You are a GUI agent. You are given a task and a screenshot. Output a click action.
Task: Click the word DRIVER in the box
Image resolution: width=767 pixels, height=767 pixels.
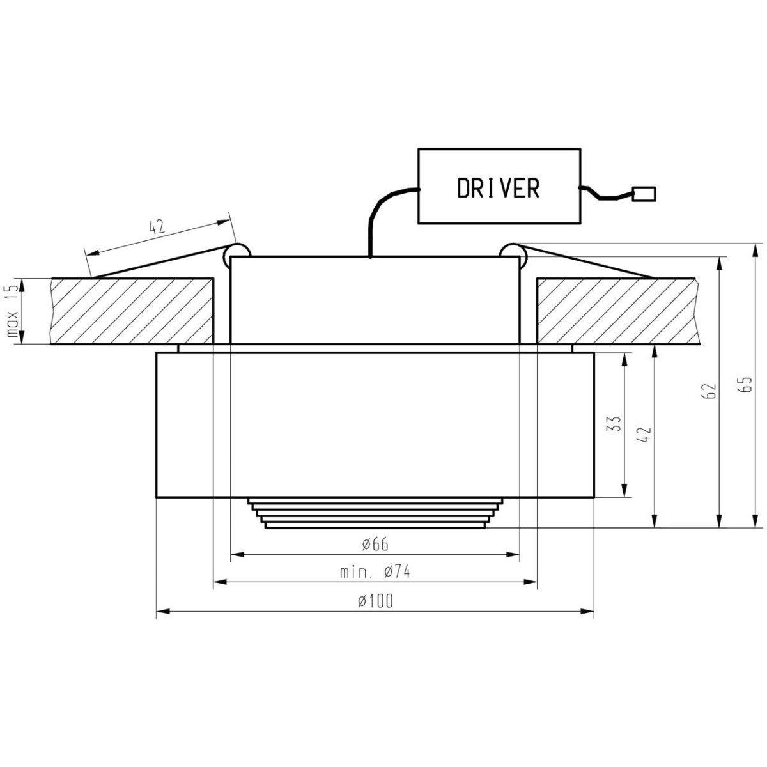(x=498, y=188)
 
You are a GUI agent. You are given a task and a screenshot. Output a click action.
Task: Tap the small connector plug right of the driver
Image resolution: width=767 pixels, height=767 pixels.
(x=644, y=193)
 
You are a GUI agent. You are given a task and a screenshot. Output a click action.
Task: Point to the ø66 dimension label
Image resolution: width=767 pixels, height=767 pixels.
(x=375, y=545)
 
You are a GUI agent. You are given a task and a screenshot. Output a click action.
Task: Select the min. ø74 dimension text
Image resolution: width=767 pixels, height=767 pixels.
(x=375, y=572)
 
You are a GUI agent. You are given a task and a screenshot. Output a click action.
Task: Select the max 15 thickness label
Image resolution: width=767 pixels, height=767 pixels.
(x=11, y=311)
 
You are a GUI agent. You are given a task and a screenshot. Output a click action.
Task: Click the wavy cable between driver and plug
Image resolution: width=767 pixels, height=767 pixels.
(x=604, y=193)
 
